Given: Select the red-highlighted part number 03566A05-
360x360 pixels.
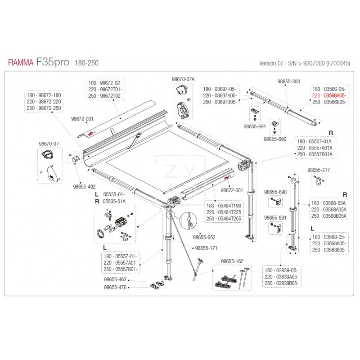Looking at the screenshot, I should (333, 95).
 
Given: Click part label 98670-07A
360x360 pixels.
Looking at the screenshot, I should (183, 79).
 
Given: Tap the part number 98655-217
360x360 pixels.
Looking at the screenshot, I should (319, 170).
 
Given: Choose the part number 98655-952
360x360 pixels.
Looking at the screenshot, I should (203, 235).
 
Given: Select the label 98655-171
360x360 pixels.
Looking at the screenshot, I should (206, 248).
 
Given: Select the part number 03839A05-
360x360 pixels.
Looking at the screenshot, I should (287, 277).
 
